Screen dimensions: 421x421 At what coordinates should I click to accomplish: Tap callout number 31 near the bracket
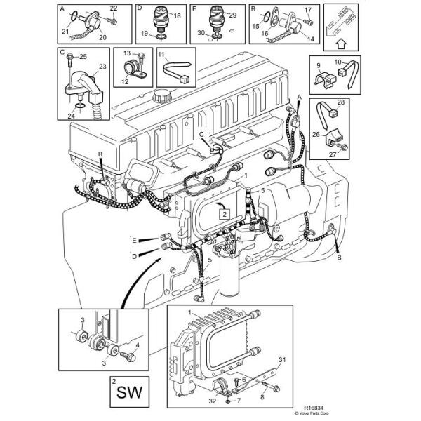point(282,361)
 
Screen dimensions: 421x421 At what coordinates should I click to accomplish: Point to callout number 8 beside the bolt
point(262,397)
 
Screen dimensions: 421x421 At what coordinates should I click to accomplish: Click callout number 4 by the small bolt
point(137,345)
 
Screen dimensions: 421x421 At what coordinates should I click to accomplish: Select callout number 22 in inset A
point(114,8)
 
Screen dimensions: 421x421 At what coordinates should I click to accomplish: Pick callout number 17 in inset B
point(307,9)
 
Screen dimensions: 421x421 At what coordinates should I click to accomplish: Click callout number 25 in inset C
point(83,56)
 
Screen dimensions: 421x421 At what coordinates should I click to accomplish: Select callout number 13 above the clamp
point(127,53)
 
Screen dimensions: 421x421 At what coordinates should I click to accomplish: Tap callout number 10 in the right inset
point(337,62)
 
